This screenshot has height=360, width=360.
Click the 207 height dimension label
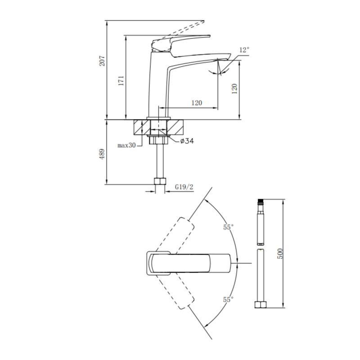pos(102,61)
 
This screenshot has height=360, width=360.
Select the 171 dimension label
pos(121,81)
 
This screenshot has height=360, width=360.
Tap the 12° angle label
pos(244,50)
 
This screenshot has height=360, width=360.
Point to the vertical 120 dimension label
pos(234,89)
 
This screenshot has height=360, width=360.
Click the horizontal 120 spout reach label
pos(197,103)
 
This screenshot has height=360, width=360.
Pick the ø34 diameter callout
pos(187,141)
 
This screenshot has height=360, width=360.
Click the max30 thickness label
pos(126,145)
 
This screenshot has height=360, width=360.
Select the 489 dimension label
pos(102,154)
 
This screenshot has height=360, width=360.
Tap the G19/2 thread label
pos(184,187)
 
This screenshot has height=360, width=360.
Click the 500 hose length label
pos(280,253)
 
